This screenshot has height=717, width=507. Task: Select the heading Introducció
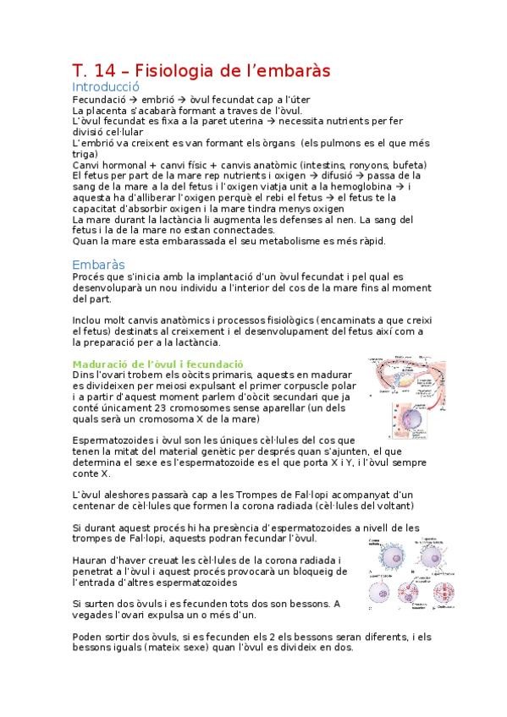(105, 87)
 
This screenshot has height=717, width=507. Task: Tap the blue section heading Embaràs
(99, 265)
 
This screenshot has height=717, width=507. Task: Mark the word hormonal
(118, 165)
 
